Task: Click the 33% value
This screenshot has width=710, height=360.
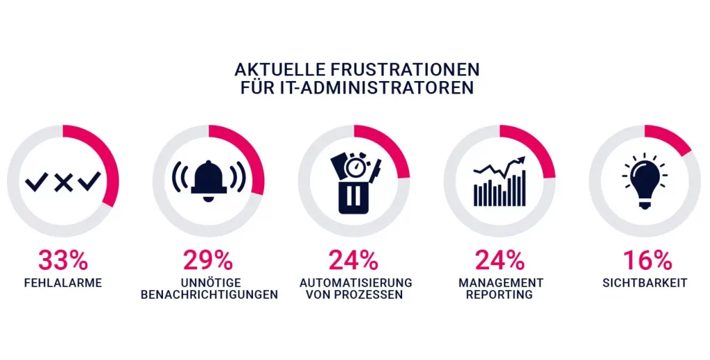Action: point(63,261)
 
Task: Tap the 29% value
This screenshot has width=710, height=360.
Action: point(208,261)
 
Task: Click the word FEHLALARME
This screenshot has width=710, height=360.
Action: point(63,283)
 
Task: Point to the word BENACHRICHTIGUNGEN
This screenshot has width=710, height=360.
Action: point(209,295)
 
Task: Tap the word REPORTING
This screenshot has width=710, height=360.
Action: point(499,295)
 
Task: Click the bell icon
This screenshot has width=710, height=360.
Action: point(209,180)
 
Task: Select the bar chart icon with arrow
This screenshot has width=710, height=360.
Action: point(499,182)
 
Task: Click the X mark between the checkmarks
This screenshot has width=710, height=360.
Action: point(63,182)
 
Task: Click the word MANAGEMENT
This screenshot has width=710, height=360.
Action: point(501,283)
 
